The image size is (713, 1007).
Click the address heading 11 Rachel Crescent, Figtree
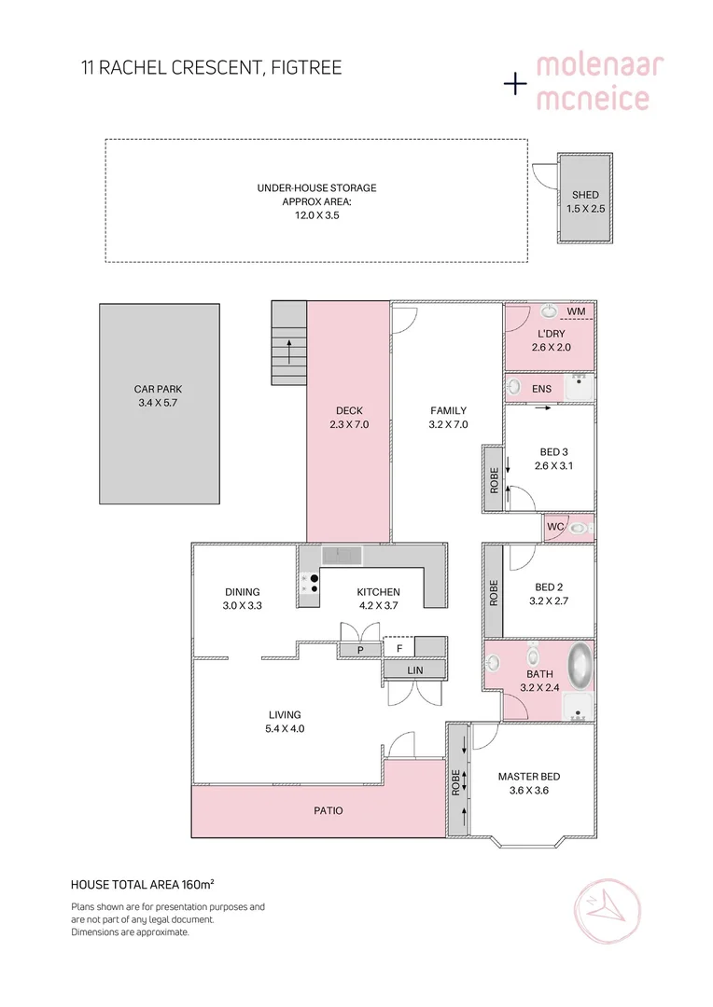tap(209, 68)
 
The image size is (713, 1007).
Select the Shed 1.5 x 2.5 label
tap(585, 202)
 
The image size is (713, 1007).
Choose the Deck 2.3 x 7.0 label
tap(349, 417)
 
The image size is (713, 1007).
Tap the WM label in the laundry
tap(576, 311)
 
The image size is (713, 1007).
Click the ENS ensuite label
tap(542, 388)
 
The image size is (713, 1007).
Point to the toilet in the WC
tap(579, 528)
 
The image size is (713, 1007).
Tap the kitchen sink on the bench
tap(342, 555)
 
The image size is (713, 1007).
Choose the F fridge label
tap(399, 648)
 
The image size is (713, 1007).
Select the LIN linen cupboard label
tap(414, 669)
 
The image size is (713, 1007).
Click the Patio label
tap(328, 810)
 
